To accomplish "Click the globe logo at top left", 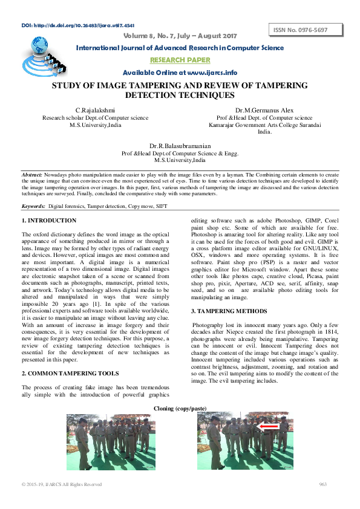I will pyautogui.click(x=39, y=46).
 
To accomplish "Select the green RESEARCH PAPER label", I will pyautogui.click(x=180, y=60).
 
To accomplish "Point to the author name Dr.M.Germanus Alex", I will pyautogui.click(x=264, y=109).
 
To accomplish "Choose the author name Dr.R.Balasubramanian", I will pyautogui.click(x=180, y=146).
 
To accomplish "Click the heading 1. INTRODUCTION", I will pyautogui.click(x=49, y=221).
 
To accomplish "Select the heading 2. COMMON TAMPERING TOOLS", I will pyautogui.click(x=70, y=374).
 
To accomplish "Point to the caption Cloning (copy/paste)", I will pyautogui.click(x=180, y=409).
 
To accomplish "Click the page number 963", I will pyautogui.click(x=323, y=485).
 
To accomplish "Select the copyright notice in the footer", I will pyautogui.click(x=62, y=485).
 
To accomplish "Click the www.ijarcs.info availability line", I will pyautogui.click(x=180, y=73).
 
